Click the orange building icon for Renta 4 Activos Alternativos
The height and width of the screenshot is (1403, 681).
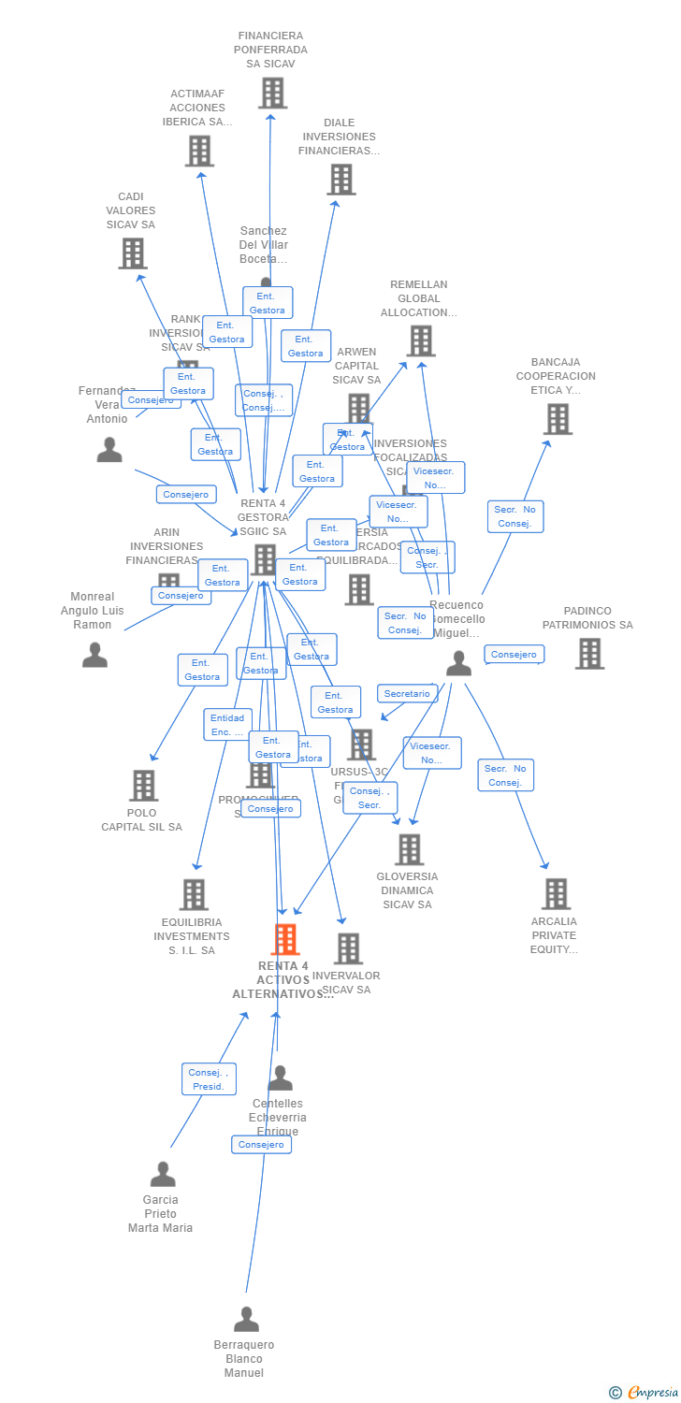[285, 939]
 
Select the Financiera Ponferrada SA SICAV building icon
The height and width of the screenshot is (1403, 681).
[272, 94]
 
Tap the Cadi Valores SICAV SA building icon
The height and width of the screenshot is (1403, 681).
[133, 253]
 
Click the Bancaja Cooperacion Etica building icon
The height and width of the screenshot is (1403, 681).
[558, 419]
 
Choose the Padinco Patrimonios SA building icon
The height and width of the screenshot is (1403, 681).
[589, 654]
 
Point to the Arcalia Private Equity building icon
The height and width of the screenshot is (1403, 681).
[556, 894]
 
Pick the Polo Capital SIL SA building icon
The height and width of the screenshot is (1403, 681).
[143, 786]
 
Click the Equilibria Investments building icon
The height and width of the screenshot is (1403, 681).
[194, 895]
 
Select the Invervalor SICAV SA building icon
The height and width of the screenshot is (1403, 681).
[348, 948]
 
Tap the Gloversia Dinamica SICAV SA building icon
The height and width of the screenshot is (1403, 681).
[409, 850]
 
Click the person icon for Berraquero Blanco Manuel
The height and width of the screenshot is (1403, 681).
[246, 1320]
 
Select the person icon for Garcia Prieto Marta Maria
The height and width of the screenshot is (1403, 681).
[163, 1175]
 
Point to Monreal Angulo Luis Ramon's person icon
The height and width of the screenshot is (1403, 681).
[94, 655]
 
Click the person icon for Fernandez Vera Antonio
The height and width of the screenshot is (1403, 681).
[109, 451]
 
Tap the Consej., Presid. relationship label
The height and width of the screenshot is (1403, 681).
[209, 1079]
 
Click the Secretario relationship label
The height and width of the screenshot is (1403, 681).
[407, 694]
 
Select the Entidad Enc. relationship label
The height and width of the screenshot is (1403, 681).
[227, 725]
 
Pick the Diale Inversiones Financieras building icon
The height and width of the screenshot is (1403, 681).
[341, 180]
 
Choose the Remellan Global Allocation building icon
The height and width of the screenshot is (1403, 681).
[420, 341]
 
